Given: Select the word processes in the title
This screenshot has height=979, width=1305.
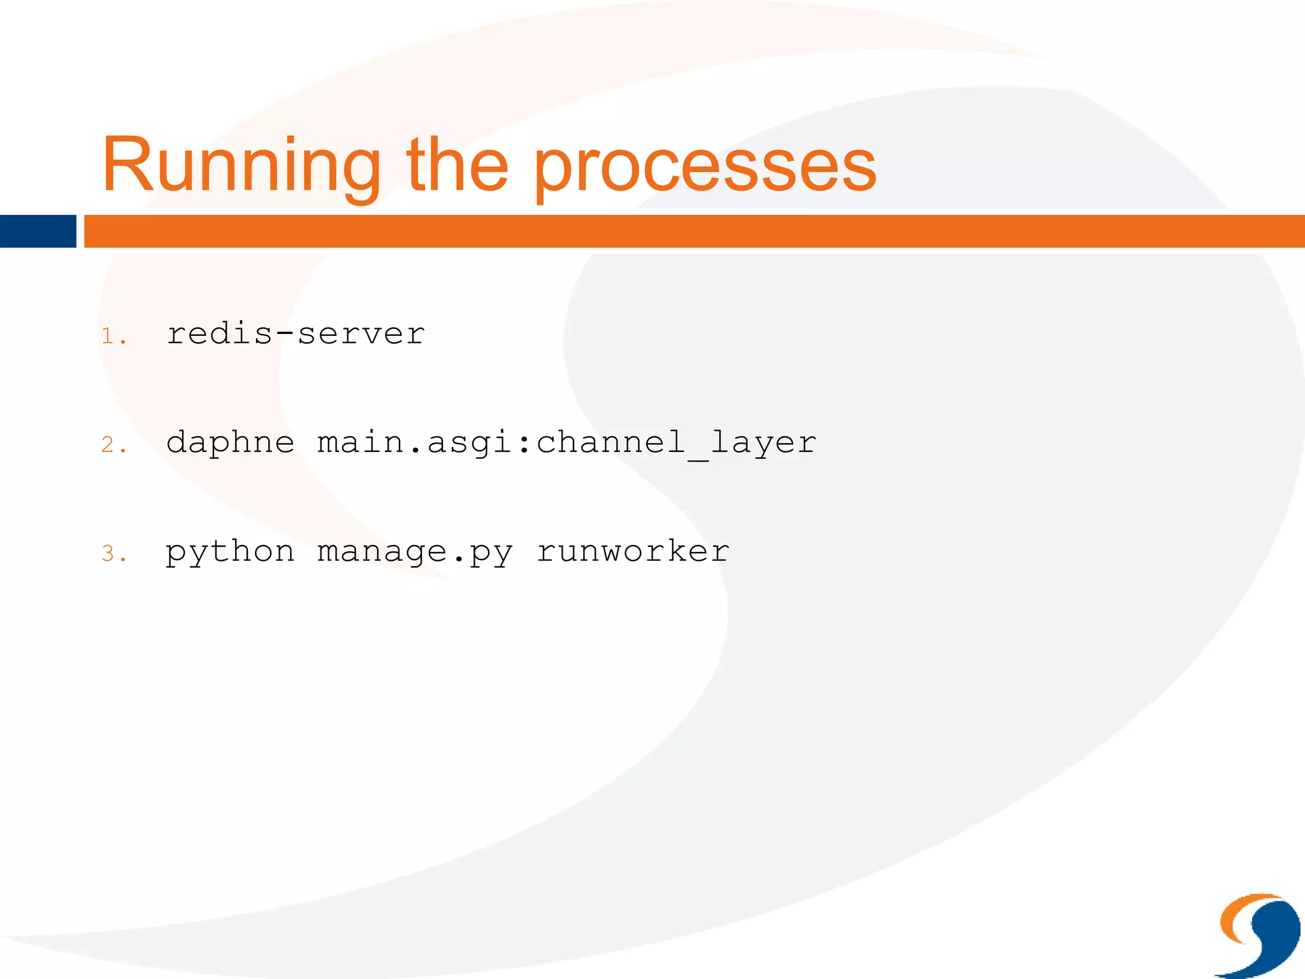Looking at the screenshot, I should pyautogui.click(x=705, y=167).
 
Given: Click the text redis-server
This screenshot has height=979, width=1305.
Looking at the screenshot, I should pyautogui.click(x=296, y=334).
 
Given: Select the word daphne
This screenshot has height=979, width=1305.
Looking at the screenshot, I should pyautogui.click(x=230, y=443).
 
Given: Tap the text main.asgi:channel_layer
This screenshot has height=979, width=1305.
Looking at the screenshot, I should pyautogui.click(x=566, y=443).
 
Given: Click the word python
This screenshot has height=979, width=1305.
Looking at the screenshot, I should pyautogui.click(x=230, y=552).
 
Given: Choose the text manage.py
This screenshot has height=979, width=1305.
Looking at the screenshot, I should pyautogui.click(x=415, y=552).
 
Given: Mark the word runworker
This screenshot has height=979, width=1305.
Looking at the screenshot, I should pyautogui.click(x=633, y=551).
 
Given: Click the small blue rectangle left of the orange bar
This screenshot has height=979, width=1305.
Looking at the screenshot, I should pyautogui.click(x=38, y=231).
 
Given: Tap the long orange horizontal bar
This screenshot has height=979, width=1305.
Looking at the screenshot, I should pyautogui.click(x=693, y=231).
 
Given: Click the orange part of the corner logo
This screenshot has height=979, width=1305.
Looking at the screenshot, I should pyautogui.click(x=1235, y=918).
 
